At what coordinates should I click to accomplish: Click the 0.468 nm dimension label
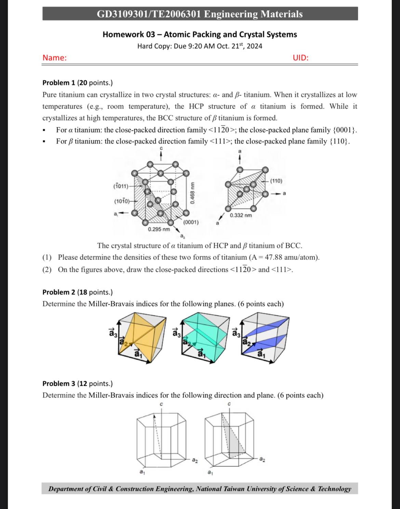click(192, 193)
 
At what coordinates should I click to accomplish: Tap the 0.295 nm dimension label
click(159, 229)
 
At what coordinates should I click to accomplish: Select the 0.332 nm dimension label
click(241, 215)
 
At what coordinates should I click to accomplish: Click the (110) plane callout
click(276, 181)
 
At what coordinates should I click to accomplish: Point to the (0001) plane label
click(191, 222)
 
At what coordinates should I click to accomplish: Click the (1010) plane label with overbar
click(122, 201)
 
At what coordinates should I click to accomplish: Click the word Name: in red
click(54, 58)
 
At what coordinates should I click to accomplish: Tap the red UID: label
click(301, 58)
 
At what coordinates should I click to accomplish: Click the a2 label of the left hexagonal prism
click(195, 460)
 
